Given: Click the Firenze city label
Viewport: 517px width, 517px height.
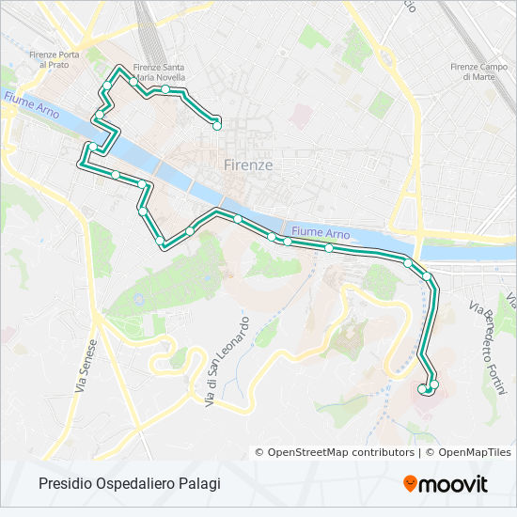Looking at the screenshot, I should point(249,164).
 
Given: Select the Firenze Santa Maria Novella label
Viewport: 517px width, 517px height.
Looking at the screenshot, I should point(158,71).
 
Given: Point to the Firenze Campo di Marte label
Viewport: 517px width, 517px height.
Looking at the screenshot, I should point(478,70).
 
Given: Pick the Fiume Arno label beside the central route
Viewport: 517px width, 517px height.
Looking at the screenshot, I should point(321,232).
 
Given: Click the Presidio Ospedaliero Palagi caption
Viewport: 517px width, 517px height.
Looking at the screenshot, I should point(130,484).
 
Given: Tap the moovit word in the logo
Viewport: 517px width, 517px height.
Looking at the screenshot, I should point(454,485).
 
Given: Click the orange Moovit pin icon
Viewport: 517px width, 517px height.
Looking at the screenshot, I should point(410,484).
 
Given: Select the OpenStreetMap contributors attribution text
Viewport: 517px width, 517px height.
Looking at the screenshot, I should point(335,452).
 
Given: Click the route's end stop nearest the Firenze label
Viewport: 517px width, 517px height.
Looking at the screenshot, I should point(217,123).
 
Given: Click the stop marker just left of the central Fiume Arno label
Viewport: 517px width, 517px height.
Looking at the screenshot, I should point(288,242).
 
